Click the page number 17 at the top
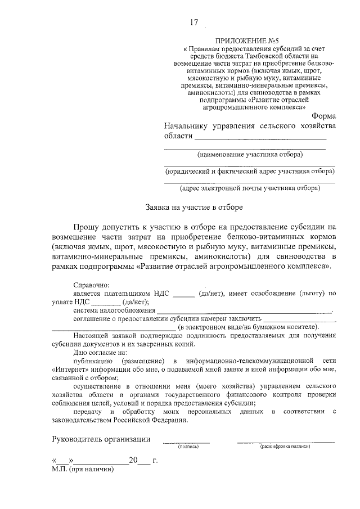coord(194,22)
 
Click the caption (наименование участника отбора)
coord(249,154)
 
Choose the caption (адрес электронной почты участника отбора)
coord(250,188)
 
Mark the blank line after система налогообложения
coord(245,311)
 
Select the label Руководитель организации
coord(101,439)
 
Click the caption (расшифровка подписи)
coord(285,447)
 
